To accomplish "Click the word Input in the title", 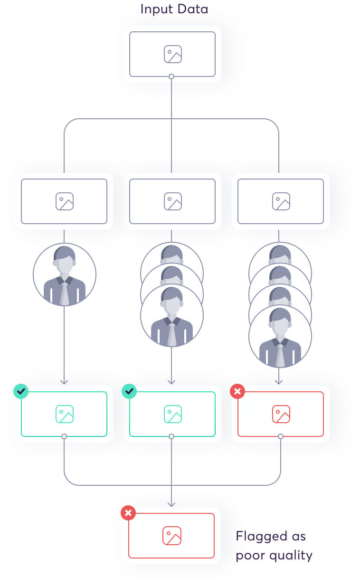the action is pyautogui.click(x=157, y=9).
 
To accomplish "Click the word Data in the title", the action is pyautogui.click(x=193, y=9).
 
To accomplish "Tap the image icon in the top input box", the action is pyautogui.click(x=173, y=54).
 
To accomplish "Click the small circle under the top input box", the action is pyautogui.click(x=171, y=76).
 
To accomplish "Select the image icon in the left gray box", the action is pyautogui.click(x=65, y=201).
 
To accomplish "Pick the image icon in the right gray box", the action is pyautogui.click(x=281, y=201).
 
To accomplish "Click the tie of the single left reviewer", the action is pyautogui.click(x=65, y=294).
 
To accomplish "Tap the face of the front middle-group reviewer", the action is pyautogui.click(x=172, y=306).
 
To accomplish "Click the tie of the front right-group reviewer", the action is pyautogui.click(x=280, y=355).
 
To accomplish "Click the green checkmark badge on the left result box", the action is pyautogui.click(x=21, y=391).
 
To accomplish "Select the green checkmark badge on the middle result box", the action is pyautogui.click(x=129, y=391).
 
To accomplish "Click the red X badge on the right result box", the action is pyautogui.click(x=237, y=391).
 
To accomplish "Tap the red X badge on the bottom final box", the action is pyautogui.click(x=128, y=513).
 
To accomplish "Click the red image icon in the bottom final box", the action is pyautogui.click(x=172, y=536).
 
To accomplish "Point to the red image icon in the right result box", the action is pyautogui.click(x=281, y=414).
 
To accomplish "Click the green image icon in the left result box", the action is pyautogui.click(x=65, y=414).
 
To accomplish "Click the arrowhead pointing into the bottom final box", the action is pyautogui.click(x=171, y=504).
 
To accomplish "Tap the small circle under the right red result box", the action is pyautogui.click(x=281, y=436).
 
